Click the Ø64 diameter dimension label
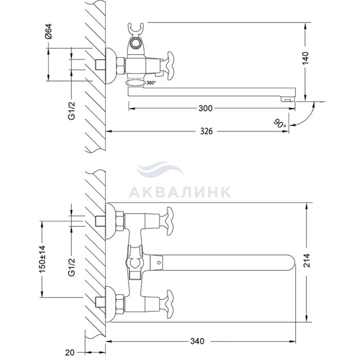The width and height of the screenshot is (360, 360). click(49, 31)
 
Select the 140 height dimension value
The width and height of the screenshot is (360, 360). click(305, 58)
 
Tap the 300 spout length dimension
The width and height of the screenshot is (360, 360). click(206, 109)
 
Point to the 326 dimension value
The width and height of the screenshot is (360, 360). click(206, 131)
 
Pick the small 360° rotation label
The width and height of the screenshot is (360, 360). click(151, 83)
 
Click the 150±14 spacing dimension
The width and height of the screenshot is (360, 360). click(42, 259)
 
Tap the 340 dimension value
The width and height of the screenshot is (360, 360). click(197, 341)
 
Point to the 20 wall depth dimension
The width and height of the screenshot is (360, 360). click(69, 352)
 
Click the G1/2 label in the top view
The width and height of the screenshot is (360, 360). click(71, 111)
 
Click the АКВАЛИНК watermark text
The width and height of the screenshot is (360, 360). click(180, 192)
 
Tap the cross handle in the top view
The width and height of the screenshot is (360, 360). click(170, 66)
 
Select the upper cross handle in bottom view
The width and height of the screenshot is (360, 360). click(170, 221)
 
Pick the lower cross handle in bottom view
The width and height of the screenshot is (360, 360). click(170, 304)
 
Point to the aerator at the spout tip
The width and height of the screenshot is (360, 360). click(287, 99)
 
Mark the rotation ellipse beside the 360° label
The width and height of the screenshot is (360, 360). click(135, 83)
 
